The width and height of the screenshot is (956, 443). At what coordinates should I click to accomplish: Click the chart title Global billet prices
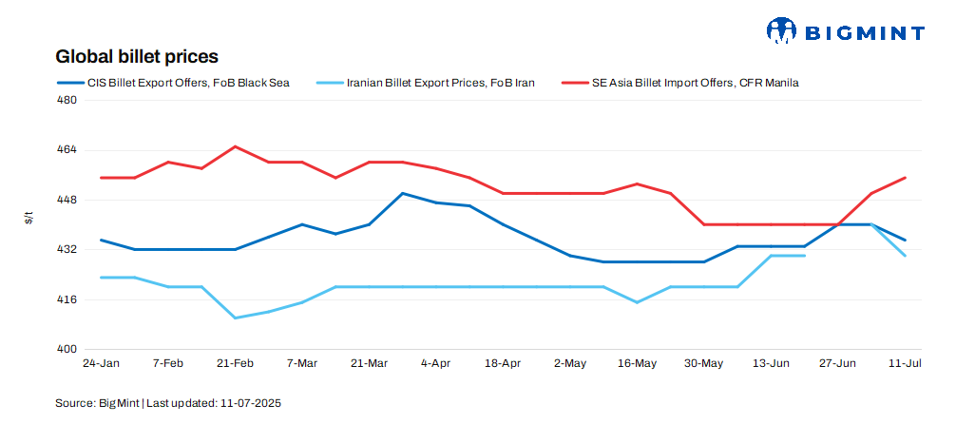pos(137,57)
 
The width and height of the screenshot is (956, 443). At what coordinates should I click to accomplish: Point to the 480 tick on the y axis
pos(67,100)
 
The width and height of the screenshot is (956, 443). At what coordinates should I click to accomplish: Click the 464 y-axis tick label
pos(67,150)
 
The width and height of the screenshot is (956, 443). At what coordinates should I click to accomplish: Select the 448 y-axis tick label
pos(67,200)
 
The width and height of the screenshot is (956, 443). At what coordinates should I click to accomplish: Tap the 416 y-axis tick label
pos(67,299)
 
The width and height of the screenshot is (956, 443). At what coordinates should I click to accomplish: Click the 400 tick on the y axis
pos(67,349)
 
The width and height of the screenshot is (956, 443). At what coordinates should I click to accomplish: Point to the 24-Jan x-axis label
pos(101,364)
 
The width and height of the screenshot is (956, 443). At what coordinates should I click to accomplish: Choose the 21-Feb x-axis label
pos(235,364)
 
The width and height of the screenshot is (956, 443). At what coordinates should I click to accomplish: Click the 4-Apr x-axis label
pos(435,364)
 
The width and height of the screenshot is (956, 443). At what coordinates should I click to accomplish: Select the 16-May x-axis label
pos(637,364)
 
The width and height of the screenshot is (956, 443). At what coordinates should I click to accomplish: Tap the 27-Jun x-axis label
pos(837,364)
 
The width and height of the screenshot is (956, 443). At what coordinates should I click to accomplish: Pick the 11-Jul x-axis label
pos(904,364)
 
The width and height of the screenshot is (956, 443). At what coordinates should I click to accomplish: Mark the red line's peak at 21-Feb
pos(235,146)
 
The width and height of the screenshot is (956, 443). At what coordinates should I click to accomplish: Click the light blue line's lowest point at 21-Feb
pos(235,318)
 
